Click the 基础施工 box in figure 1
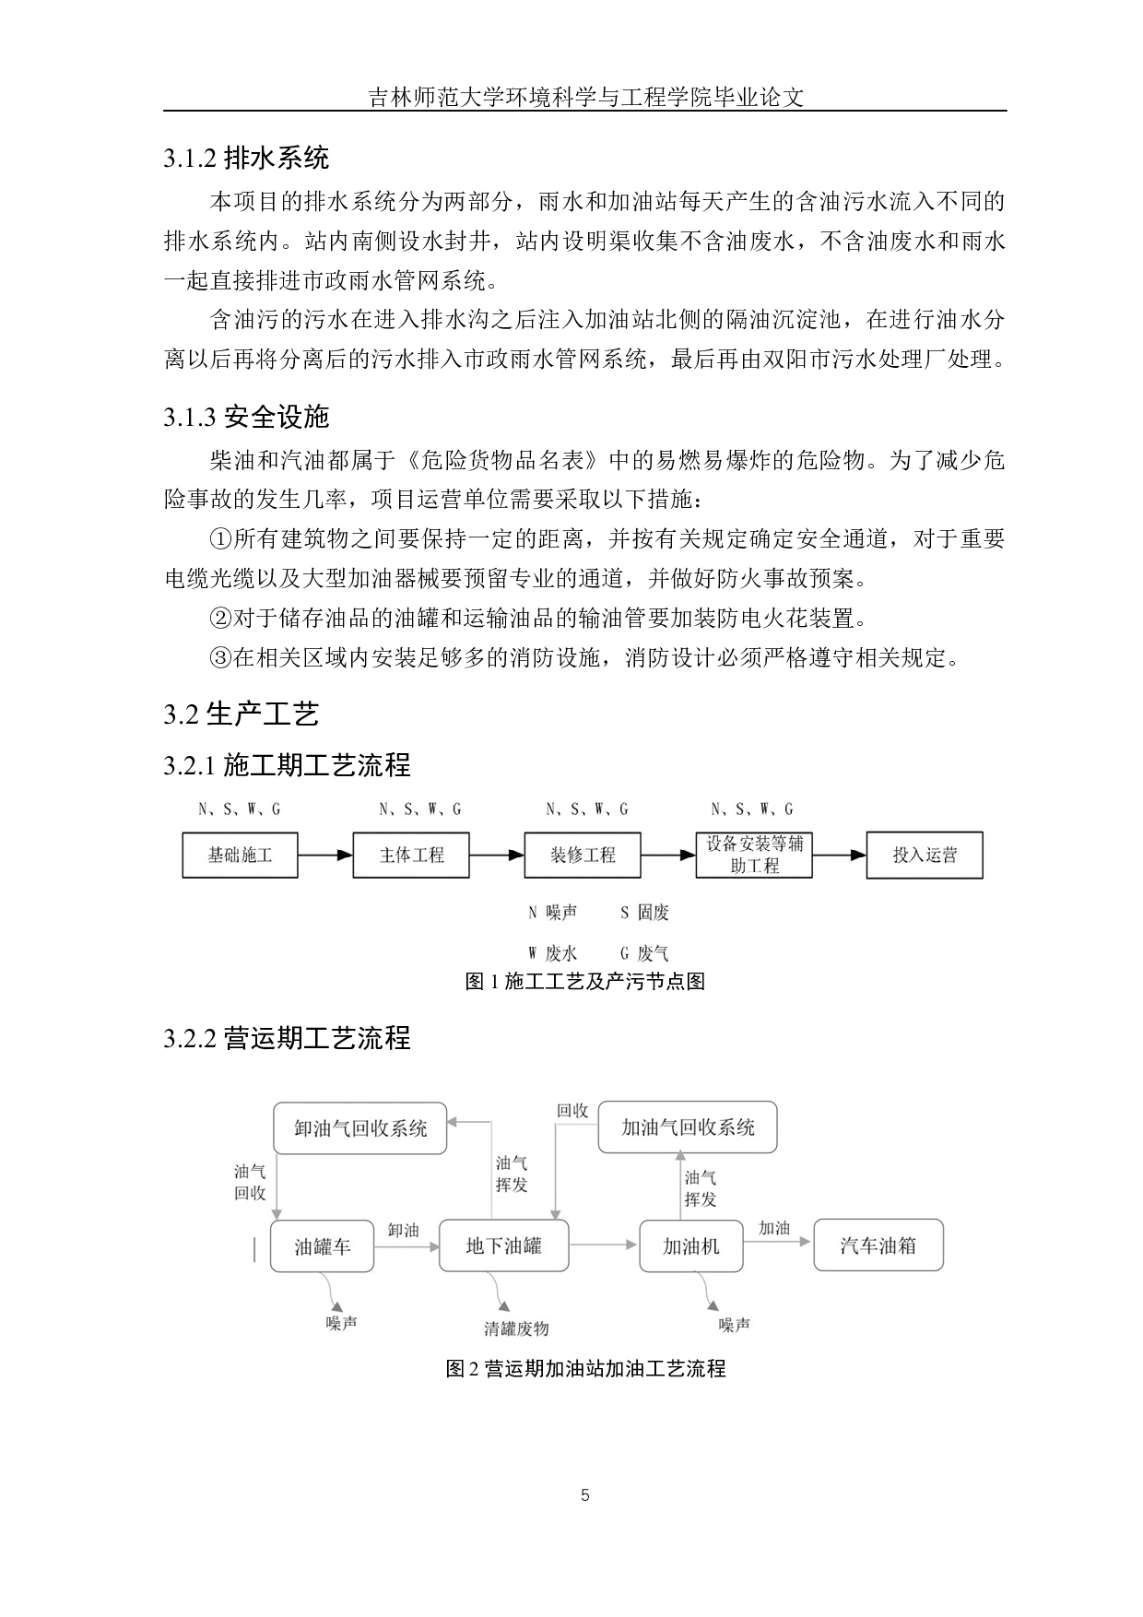pyautogui.click(x=240, y=855)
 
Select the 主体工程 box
pyautogui.click(x=411, y=855)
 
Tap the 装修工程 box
pyautogui.click(x=583, y=855)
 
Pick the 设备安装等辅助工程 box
pyautogui.click(x=754, y=855)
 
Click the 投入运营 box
pyautogui.click(x=925, y=855)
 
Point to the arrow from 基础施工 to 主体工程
pyautogui.click(x=325, y=855)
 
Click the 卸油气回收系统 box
pyautogui.click(x=360, y=1127)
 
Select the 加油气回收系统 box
pyautogui.click(x=688, y=1127)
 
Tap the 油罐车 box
pyautogui.click(x=323, y=1246)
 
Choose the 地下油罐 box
pyautogui.click(x=504, y=1246)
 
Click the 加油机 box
pyautogui.click(x=691, y=1246)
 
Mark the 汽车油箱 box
pyautogui.click(x=878, y=1245)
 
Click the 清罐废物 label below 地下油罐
pyautogui.click(x=516, y=1328)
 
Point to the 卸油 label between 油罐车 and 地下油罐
pyautogui.click(x=404, y=1230)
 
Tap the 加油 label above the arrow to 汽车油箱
pyautogui.click(x=774, y=1228)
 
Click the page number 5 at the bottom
pyautogui.click(x=585, y=1495)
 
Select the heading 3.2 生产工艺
pyautogui.click(x=242, y=714)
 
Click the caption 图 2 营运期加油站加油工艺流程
pyautogui.click(x=585, y=1368)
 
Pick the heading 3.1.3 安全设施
pyautogui.click(x=246, y=418)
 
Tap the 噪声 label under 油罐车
pyautogui.click(x=341, y=1323)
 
